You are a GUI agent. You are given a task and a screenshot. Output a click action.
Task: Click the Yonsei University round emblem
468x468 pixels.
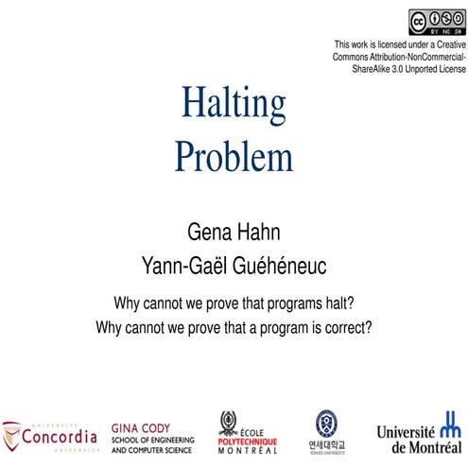[326, 422]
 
